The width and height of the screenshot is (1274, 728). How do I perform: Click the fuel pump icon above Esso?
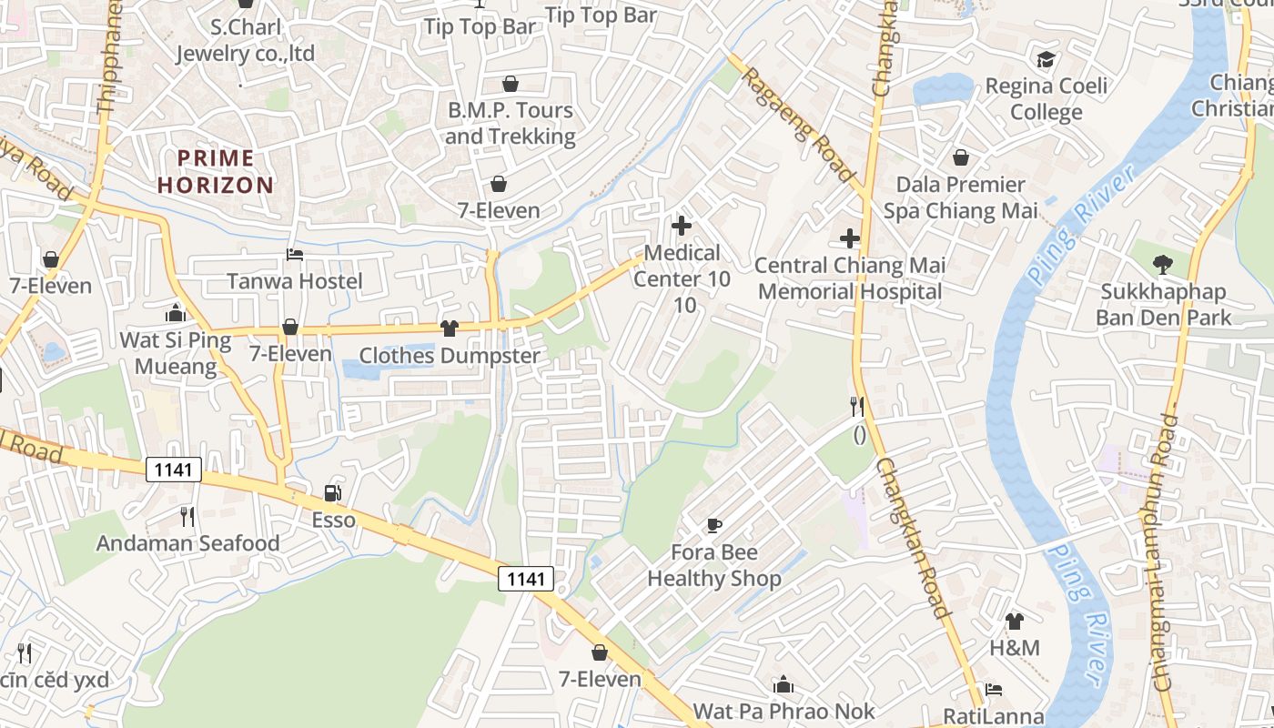[333, 493]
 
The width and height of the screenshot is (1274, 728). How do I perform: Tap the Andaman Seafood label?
[188, 543]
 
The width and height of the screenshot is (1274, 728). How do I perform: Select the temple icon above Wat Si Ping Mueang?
[176, 313]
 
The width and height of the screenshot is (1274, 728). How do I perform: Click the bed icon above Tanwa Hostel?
[294, 255]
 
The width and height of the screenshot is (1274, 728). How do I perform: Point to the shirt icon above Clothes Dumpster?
[449, 329]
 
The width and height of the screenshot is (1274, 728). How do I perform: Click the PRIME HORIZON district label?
[215, 171]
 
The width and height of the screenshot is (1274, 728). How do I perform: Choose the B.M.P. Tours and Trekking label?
[510, 123]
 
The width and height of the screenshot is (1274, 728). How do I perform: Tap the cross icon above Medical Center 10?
[681, 226]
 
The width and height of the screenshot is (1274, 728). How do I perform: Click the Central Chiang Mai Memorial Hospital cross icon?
[850, 238]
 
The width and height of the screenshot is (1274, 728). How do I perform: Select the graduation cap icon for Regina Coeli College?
[1046, 60]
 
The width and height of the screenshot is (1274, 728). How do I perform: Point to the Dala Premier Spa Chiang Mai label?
[960, 197]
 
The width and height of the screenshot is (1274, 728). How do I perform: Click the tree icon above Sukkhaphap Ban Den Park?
[1162, 265]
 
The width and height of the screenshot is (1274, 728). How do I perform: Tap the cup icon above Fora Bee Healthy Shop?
[714, 525]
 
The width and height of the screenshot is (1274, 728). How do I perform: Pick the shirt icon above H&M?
[1015, 622]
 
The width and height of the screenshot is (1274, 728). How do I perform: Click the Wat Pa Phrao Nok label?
[784, 711]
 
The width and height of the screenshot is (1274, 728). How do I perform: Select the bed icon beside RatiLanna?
[994, 690]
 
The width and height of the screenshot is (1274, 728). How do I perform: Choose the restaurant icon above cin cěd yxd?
[25, 652]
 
